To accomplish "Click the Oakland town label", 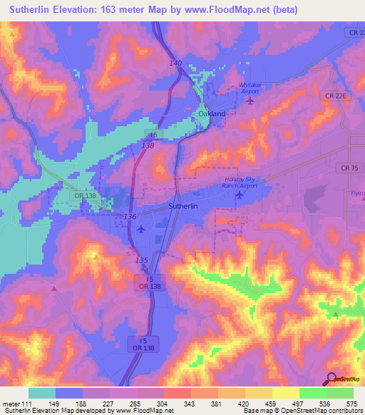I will tap(212, 113).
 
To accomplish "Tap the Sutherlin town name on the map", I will tap(187, 205).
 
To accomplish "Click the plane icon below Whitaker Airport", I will tap(250, 101).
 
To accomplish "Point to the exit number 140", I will tap(175, 63).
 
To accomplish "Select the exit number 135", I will tap(141, 260).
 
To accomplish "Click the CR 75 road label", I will tap(346, 168).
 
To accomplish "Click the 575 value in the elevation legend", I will tap(352, 403).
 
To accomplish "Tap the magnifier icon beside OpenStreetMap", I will tap(332, 379).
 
